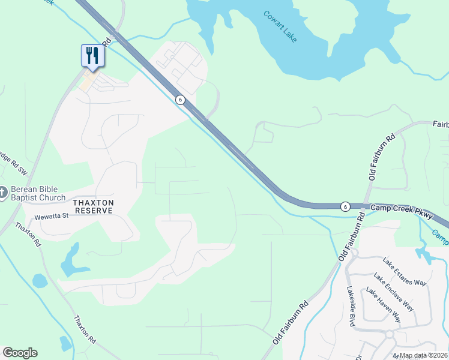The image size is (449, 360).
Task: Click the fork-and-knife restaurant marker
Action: click(x=92, y=56)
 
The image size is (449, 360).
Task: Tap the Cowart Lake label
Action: click(x=280, y=26)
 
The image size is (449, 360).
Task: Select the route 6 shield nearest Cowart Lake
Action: click(x=179, y=100)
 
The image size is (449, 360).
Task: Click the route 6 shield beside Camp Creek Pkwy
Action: click(x=345, y=206)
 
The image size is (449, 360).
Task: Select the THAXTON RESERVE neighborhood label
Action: click(x=93, y=207)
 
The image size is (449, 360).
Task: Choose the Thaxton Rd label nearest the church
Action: click(x=28, y=235)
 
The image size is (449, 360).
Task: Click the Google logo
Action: click(x=20, y=353)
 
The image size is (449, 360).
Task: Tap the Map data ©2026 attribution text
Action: click(x=424, y=355)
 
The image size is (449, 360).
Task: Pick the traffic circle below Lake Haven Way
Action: click(x=389, y=334)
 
